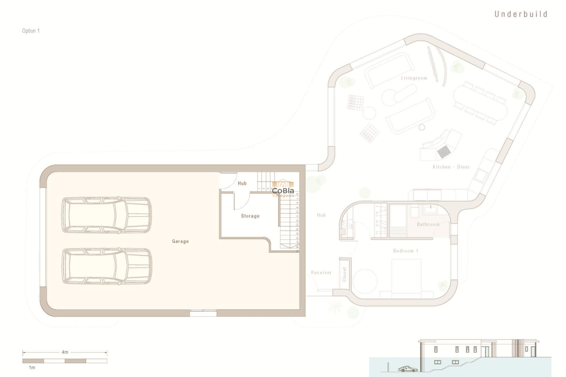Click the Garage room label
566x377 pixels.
(180, 241)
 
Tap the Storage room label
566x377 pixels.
(250, 216)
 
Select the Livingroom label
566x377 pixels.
(414, 78)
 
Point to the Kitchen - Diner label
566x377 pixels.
(451, 167)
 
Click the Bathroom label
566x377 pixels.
(428, 224)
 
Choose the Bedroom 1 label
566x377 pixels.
(406, 251)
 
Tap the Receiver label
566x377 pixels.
(321, 273)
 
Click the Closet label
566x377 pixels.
(344, 275)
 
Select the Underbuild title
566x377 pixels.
(521, 14)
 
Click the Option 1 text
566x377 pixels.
(31, 31)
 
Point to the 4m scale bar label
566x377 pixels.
(65, 352)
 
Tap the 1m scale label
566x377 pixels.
(32, 368)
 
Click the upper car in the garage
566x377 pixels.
(106, 215)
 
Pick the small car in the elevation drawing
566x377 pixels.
(408, 369)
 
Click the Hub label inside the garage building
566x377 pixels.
(242, 183)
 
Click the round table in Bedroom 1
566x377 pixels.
(365, 281)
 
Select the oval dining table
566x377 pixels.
(480, 102)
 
